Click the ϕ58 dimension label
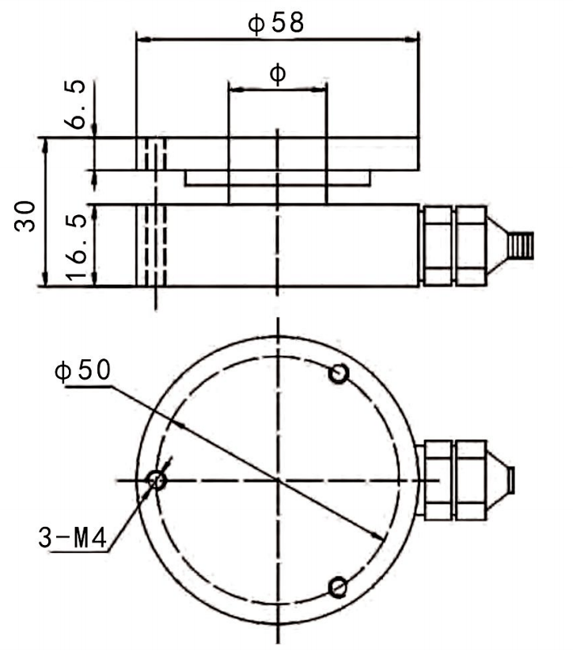point(276,23)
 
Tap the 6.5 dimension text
point(75,104)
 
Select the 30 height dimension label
point(25,216)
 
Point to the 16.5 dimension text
point(76,248)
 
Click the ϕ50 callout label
point(83,370)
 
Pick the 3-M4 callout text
point(73,537)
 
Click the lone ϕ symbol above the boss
point(278,74)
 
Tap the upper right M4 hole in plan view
point(339,373)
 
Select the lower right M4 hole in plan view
point(339,588)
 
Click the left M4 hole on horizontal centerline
point(157,481)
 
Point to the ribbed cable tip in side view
point(521,245)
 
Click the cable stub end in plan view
point(511,480)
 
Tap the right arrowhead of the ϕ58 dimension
point(411,40)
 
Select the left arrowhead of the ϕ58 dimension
point(144,40)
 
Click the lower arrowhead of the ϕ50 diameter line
point(378,536)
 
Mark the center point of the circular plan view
point(278,481)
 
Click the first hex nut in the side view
point(436,246)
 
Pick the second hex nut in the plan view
point(471,480)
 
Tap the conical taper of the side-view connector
point(497,245)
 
